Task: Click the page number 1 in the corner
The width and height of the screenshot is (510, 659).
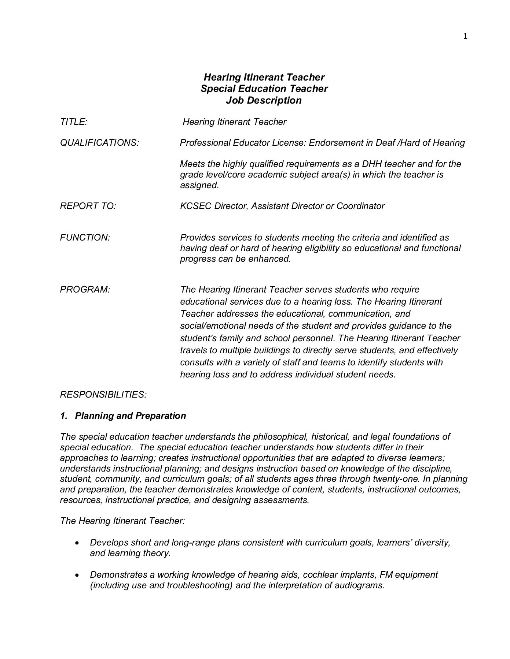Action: click(465, 36)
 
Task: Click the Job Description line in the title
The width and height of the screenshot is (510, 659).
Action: click(264, 100)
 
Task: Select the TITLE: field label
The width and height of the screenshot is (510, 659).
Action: click(73, 122)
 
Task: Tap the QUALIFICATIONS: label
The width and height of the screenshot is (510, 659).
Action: click(99, 143)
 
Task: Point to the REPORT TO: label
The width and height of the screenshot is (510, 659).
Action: click(88, 206)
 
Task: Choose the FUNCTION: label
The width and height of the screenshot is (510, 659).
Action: click(85, 238)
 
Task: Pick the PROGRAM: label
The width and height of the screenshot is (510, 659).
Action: click(85, 290)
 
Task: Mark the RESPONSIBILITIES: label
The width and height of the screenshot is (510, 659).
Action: click(103, 395)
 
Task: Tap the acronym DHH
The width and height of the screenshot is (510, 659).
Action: click(372, 164)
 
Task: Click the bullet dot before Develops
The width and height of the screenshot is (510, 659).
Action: click(77, 543)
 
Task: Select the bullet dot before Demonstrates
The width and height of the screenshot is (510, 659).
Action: click(77, 575)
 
